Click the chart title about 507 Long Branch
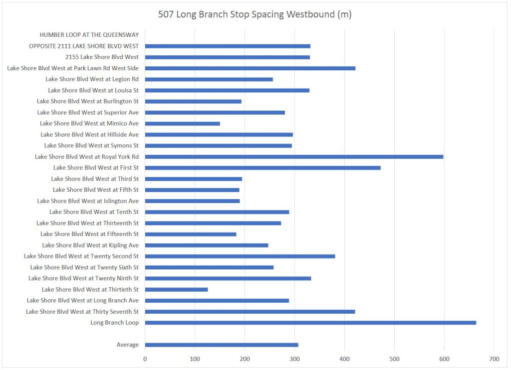point(255,14)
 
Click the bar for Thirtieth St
point(176,289)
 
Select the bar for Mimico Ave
point(182,123)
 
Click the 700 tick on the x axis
point(494,359)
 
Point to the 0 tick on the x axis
point(145,359)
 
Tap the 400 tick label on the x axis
point(344,359)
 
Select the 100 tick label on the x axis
point(195,359)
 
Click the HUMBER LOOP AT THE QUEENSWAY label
point(89,35)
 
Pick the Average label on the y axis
point(127,345)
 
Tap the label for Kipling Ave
point(90,246)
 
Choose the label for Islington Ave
point(88,201)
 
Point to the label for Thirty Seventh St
point(82,312)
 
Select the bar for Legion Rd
point(209,79)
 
